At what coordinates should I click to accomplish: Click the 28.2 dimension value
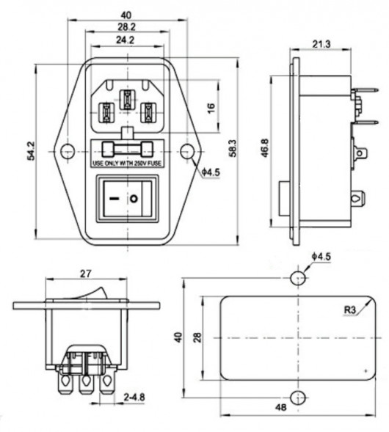pos(127,27)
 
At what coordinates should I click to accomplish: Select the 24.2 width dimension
pos(126,40)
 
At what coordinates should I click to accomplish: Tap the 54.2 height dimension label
pos(31,150)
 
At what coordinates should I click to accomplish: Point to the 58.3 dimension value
pos(233,148)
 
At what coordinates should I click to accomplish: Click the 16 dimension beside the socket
pos(211,108)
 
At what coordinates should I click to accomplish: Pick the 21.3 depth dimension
pos(321,44)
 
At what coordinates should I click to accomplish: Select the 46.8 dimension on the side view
pos(265,148)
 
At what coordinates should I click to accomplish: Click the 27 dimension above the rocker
pos(85,274)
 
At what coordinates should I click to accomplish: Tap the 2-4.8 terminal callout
pos(134,398)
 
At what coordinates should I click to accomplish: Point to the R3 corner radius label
pos(350,310)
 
